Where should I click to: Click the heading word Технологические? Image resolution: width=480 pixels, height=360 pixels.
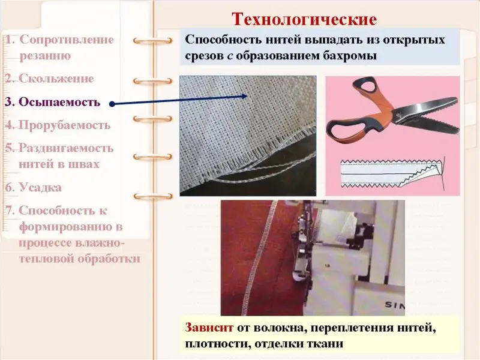tap(304, 19)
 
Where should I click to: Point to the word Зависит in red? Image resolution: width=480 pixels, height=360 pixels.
tap(209, 328)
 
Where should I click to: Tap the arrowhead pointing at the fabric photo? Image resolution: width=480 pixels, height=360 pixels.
tap(244, 96)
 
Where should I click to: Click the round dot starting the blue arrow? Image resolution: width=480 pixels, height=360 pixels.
tap(112, 104)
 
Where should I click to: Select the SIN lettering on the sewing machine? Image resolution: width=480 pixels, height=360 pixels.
tap(394, 305)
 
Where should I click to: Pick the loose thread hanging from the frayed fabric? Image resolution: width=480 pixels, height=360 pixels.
tap(260, 172)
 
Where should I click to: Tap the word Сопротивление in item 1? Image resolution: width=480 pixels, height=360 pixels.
tap(67, 40)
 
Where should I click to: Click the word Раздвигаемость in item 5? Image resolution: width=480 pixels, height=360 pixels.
tap(66, 148)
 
